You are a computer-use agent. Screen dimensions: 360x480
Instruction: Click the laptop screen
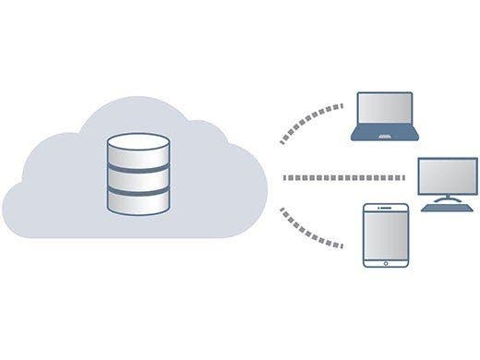(386, 110)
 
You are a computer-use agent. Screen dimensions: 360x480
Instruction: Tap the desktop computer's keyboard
(448, 209)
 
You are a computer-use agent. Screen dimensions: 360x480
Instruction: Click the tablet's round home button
(384, 262)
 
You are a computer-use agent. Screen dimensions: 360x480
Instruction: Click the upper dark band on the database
(138, 162)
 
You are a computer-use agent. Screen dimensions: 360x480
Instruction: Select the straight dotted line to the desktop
(342, 177)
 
